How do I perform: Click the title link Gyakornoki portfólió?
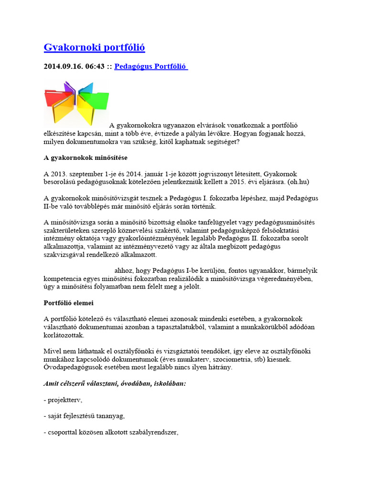point(94,47)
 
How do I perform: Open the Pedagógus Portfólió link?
point(151,67)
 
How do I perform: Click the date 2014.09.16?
point(63,67)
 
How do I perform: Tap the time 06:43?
point(94,67)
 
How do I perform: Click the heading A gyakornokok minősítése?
point(86,157)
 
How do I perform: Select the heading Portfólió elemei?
point(68,303)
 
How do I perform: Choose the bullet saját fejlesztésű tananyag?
point(84,416)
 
